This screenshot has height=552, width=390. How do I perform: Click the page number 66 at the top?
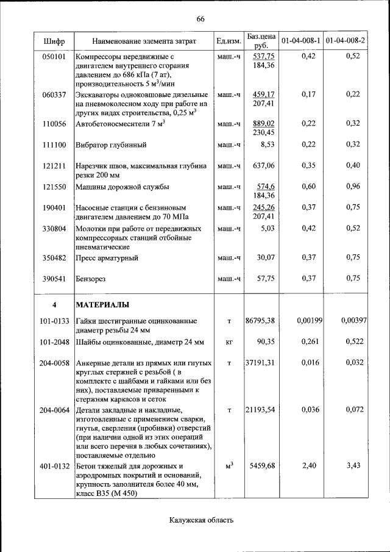click(x=200, y=20)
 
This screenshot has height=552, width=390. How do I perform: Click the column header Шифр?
click(x=54, y=41)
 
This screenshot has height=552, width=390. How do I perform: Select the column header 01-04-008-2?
click(x=346, y=41)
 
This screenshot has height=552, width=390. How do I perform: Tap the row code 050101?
click(x=54, y=56)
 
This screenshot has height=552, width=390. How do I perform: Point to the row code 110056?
click(x=54, y=124)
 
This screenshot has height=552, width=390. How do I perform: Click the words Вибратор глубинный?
click(x=107, y=146)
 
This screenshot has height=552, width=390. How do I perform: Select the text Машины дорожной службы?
click(x=122, y=187)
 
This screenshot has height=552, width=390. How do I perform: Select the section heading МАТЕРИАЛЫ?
click(x=102, y=304)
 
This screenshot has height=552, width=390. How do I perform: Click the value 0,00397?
click(x=353, y=320)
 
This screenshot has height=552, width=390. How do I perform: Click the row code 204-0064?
click(x=54, y=410)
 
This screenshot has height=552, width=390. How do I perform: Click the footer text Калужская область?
click(x=200, y=520)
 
